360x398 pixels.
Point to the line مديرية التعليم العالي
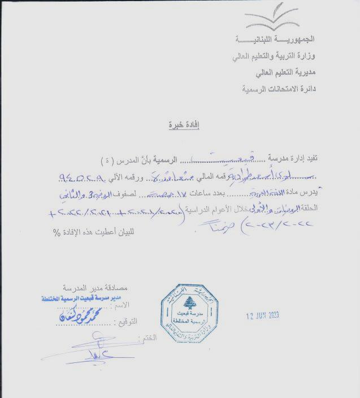[x=285, y=73]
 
